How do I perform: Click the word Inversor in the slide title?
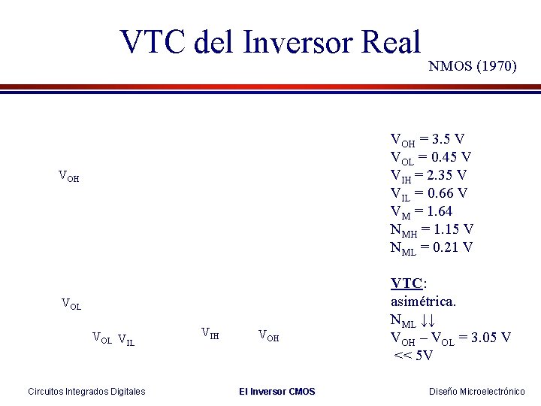(x=298, y=42)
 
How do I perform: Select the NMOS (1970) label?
(x=472, y=66)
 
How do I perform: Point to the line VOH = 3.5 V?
(x=427, y=139)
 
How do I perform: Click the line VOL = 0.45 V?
(x=431, y=157)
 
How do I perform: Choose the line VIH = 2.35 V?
(x=428, y=175)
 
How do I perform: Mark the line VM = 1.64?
(x=421, y=211)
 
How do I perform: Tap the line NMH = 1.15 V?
(x=431, y=229)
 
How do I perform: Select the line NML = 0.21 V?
(x=431, y=247)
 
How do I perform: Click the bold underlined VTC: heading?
(x=409, y=283)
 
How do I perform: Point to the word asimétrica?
(x=423, y=301)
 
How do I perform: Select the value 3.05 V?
(x=490, y=338)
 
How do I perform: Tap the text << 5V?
(x=413, y=355)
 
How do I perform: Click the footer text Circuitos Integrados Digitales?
(x=86, y=391)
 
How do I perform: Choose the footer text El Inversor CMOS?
(x=277, y=391)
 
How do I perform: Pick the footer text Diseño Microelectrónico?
(x=477, y=391)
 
